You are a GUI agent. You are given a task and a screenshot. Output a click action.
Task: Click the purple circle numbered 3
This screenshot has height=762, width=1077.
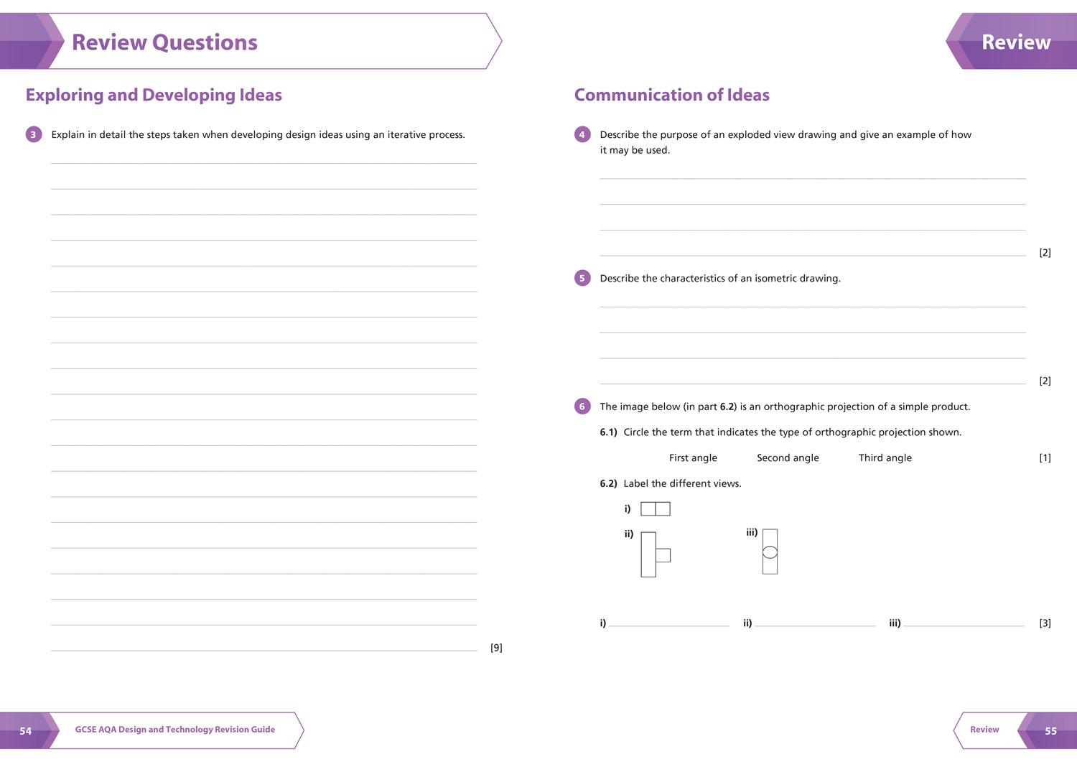33,134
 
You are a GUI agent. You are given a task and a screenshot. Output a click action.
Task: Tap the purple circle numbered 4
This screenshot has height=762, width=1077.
582,134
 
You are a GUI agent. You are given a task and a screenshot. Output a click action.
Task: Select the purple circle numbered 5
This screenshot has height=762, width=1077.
582,278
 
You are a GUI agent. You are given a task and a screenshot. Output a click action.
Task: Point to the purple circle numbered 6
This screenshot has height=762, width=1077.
582,406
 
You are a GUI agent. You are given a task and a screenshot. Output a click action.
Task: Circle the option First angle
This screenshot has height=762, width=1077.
693,458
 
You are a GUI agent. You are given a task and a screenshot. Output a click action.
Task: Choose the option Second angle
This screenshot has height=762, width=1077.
788,458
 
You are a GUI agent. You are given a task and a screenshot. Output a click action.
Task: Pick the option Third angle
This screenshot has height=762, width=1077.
885,458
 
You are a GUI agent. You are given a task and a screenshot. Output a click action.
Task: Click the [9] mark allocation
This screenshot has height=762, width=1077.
496,648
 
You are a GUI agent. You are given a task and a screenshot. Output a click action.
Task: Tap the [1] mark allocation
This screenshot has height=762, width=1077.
1045,458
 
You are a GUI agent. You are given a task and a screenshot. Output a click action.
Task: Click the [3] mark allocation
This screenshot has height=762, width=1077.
1045,623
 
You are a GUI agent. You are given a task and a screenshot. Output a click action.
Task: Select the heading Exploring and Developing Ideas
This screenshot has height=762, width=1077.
154,95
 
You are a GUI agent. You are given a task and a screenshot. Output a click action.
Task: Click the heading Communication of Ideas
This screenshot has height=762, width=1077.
671,95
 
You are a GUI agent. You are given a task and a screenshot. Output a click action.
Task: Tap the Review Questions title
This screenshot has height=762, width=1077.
164,42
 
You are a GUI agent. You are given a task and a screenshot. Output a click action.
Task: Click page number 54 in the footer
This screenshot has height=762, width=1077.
26,731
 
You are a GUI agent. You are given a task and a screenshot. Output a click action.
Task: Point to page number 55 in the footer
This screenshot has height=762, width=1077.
1050,731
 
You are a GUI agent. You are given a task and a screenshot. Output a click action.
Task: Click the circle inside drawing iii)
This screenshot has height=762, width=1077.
770,552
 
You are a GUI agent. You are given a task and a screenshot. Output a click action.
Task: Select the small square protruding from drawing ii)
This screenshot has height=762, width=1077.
663,555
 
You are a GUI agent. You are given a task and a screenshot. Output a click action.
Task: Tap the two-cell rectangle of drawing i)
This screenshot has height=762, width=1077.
655,509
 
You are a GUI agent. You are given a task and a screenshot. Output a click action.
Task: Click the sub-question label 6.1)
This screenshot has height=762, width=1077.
608,432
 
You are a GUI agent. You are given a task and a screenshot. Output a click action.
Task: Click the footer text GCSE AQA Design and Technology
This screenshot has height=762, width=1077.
174,730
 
